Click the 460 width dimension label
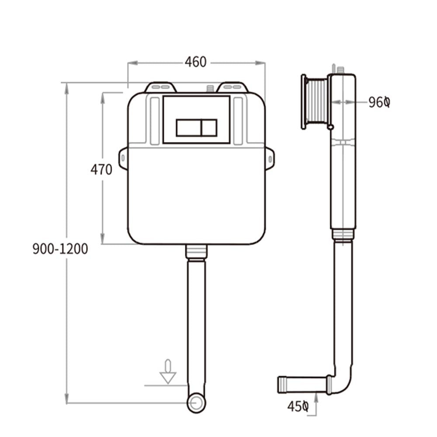pos(195,62)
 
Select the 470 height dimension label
pos(101,169)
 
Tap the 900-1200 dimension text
pos(60,249)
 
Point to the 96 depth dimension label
pos(378,102)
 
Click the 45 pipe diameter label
pos(298,406)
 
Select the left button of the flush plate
pos(188,127)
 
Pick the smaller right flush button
pos(209,127)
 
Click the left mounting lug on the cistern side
pos(123,158)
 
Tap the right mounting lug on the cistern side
pos(270,158)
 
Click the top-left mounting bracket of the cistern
pos(160,87)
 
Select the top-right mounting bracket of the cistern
pos(232,87)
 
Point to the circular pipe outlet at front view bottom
pos(196,403)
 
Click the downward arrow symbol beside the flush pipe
pos(168,372)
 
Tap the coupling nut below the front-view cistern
pos(196,252)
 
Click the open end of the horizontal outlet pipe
pos(281,384)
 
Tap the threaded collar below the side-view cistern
pos(342,234)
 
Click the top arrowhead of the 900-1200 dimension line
pos(66,89)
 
